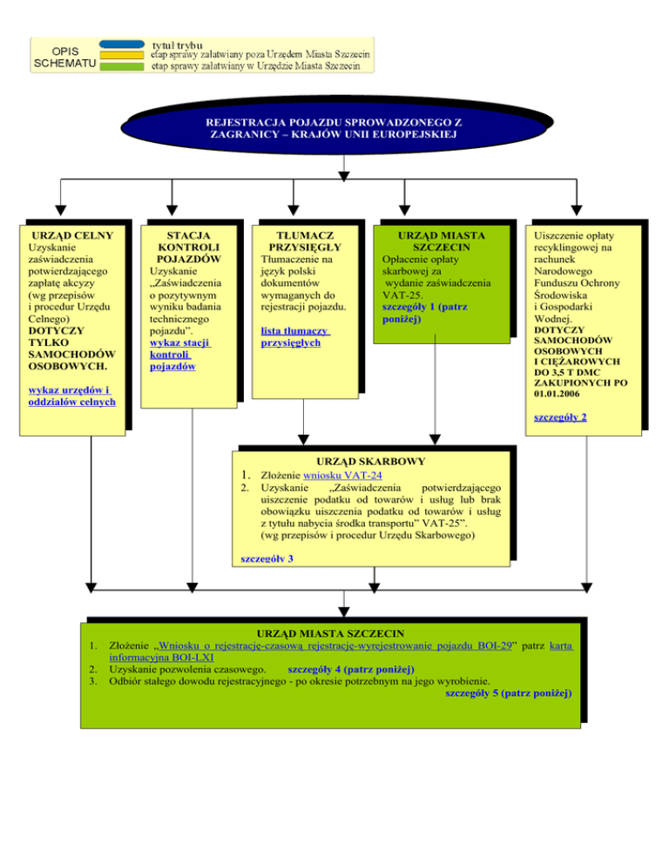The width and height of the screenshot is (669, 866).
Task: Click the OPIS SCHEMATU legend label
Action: (x=65, y=55)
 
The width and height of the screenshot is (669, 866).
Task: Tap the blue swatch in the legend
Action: (x=122, y=43)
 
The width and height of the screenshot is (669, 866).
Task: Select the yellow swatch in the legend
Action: (x=122, y=54)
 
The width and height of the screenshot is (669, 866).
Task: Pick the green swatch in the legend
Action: (x=122, y=65)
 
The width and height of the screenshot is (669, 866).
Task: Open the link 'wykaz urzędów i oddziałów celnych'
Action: (x=71, y=396)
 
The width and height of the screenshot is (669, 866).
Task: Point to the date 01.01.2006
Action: (x=561, y=394)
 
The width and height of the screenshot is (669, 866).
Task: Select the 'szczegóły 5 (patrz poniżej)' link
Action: (x=508, y=693)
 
